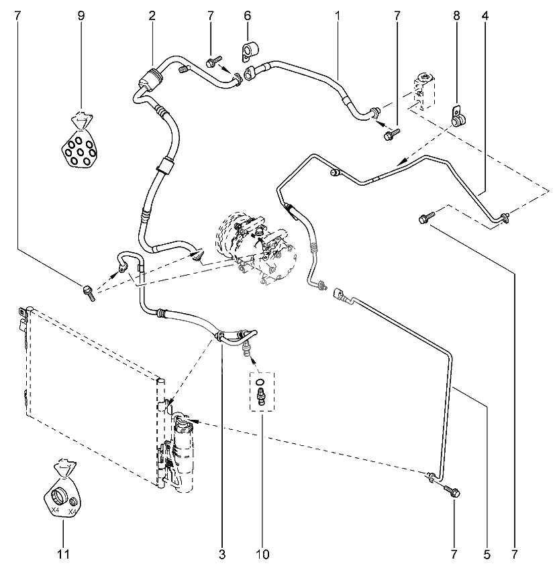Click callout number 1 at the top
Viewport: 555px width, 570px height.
338,14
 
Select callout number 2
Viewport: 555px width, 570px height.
152,14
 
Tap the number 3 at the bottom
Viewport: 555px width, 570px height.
222,555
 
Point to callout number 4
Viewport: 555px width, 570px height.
484,14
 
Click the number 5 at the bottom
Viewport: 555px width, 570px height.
488,555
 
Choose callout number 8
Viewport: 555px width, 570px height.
457,14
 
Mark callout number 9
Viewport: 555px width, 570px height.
81,14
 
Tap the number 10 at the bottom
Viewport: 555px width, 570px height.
262,555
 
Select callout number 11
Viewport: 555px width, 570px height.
63,555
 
